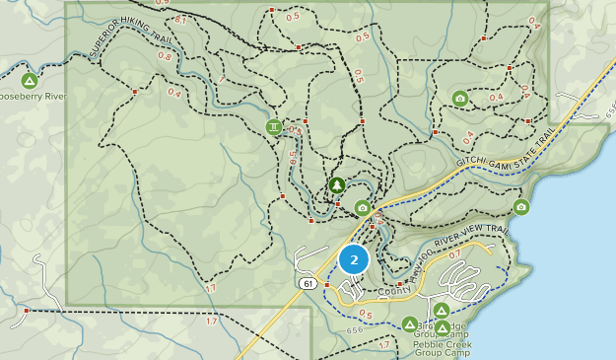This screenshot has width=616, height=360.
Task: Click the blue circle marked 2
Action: coord(354,259)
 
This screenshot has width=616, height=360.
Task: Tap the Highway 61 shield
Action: coord(308,284)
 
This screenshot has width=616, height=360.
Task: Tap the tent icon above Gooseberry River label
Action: coord(30,80)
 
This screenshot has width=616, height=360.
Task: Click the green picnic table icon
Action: coord(273,127)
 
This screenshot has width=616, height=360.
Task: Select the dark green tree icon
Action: coord(336,185)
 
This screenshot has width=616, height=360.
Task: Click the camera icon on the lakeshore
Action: coord(521,207)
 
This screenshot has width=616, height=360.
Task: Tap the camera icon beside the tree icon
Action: coord(363,208)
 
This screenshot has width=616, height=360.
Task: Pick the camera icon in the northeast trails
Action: coord(459,98)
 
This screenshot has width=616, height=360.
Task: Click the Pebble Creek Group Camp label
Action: coord(443,348)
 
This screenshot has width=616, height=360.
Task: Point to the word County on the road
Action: coord(393,291)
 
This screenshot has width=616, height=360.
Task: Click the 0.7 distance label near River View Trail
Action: coord(454,253)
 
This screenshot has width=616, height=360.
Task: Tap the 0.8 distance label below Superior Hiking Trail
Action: coord(164,56)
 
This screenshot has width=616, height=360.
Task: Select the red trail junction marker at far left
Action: coord(27,310)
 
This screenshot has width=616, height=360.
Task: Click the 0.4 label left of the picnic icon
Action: coord(174,93)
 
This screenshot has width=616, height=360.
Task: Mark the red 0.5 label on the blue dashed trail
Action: coord(365,314)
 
